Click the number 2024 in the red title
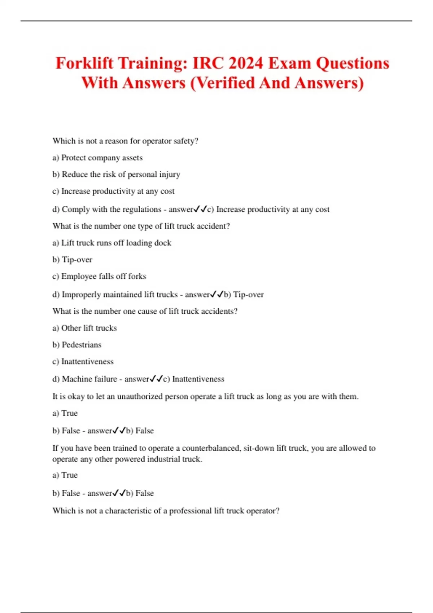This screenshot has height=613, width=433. tap(246, 63)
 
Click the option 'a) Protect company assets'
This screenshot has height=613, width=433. tap(97, 158)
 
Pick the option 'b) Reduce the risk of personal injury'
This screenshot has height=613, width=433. tap(116, 175)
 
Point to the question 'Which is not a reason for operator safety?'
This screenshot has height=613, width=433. tap(125, 141)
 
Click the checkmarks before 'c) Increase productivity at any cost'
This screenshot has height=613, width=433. tap(200, 209)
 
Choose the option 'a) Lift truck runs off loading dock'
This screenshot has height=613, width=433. tap(112, 243)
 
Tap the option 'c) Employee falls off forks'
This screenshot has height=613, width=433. tap(99, 276)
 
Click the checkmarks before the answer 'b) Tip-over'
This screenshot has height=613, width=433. tap(217, 294)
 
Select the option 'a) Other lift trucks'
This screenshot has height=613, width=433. tap(84, 328)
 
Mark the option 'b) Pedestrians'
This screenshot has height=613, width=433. tap(77, 345)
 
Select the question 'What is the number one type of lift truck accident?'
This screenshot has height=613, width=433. tap(141, 226)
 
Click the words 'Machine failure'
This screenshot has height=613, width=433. tap(89, 379)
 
